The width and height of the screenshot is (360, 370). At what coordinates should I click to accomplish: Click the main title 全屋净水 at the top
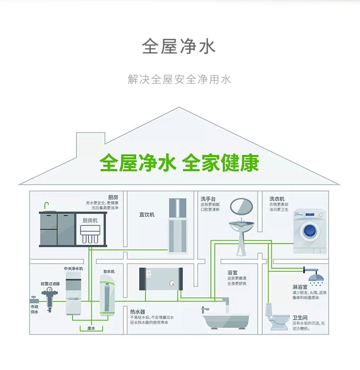click(x=179, y=47)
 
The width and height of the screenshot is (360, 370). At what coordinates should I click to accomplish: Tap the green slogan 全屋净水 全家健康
click(x=180, y=163)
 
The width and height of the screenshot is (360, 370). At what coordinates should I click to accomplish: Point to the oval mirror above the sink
click(x=241, y=207)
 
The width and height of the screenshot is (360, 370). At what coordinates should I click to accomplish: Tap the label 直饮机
click(x=147, y=215)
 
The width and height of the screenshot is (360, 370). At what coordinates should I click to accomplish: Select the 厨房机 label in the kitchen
click(x=90, y=220)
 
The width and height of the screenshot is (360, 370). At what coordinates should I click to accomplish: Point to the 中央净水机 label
click(x=73, y=269)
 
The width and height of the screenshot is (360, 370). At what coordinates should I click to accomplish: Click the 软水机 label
click(x=109, y=272)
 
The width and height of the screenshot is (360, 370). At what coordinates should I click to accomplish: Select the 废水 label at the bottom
click(x=91, y=328)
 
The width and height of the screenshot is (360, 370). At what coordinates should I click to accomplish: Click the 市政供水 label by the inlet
click(x=35, y=309)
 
